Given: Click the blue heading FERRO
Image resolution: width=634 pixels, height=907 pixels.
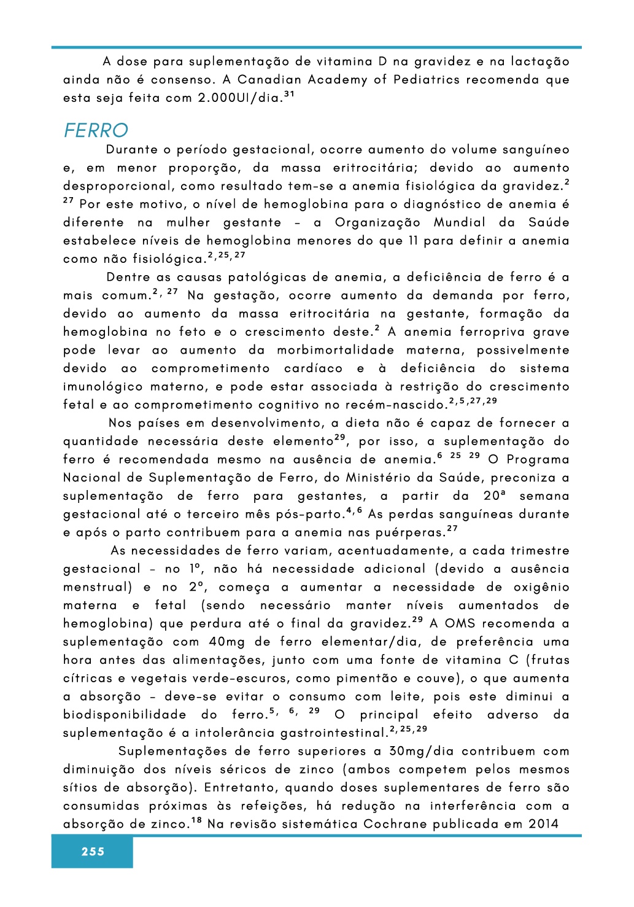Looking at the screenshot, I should tap(96, 131).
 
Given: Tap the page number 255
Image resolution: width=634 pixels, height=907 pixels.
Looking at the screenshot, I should tap(93, 851).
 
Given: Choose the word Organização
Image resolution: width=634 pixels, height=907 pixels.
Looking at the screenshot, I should tap(377, 222).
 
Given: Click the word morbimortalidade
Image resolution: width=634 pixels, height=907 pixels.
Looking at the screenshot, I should tap(335, 350).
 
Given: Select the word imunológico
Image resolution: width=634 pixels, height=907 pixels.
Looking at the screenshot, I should tap(102, 387).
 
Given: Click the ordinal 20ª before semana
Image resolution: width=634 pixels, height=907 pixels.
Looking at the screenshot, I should tap(493, 496).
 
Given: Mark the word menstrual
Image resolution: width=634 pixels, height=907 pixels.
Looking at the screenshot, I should tap(96, 587).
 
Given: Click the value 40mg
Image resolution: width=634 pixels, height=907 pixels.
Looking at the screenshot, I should tap(226, 642).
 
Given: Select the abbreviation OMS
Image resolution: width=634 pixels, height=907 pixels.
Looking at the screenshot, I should tap(459, 623).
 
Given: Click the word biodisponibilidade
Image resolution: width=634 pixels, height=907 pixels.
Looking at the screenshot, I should tap(125, 715).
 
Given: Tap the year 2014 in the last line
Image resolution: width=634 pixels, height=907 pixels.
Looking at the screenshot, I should tap(543, 824).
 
